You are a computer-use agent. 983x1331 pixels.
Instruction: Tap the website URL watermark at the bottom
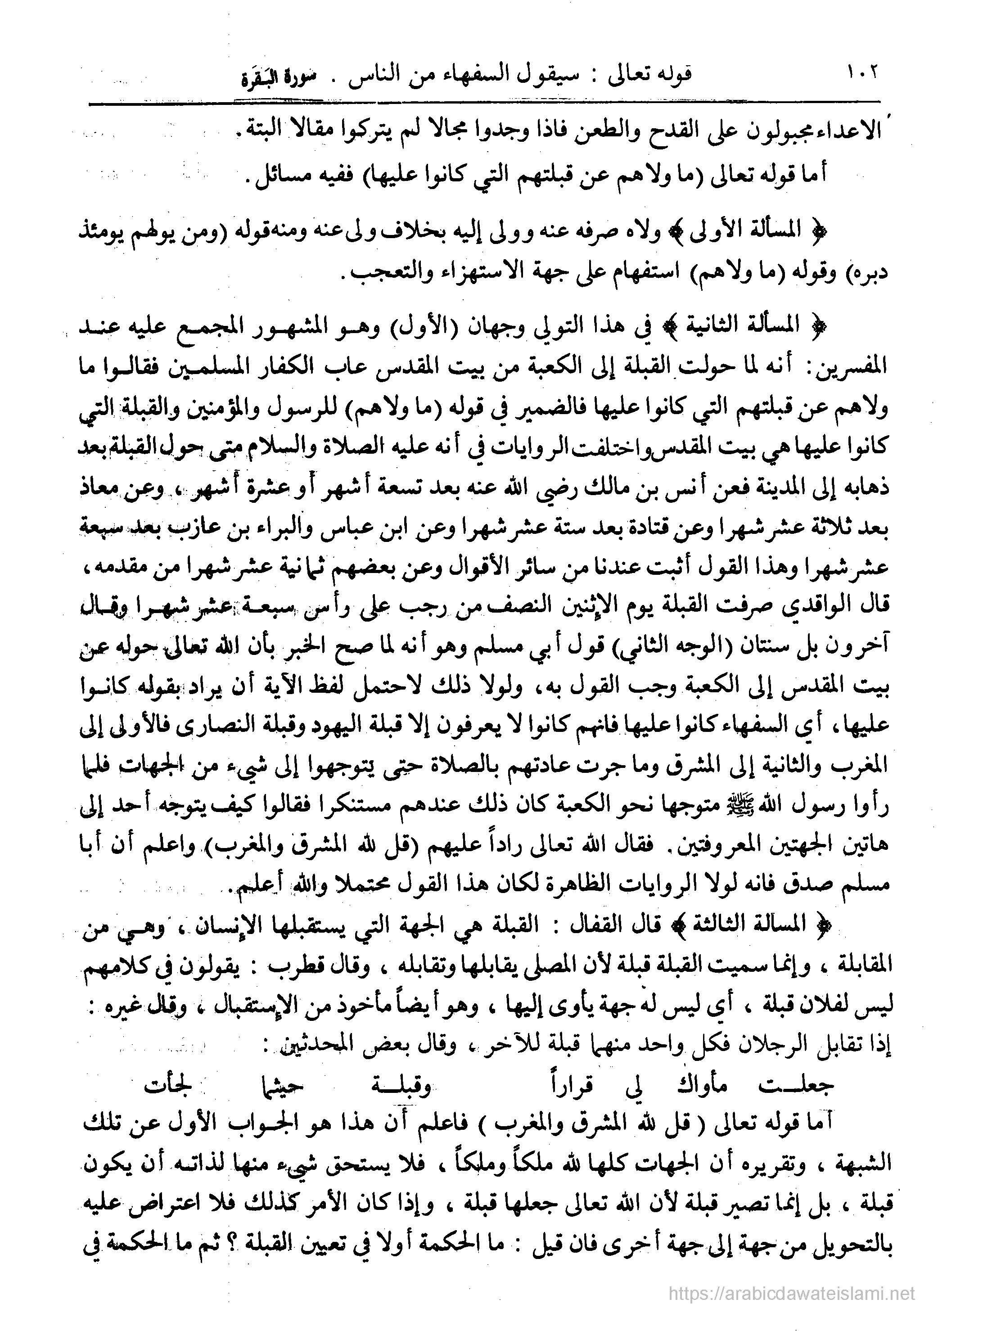pos(791,1293)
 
